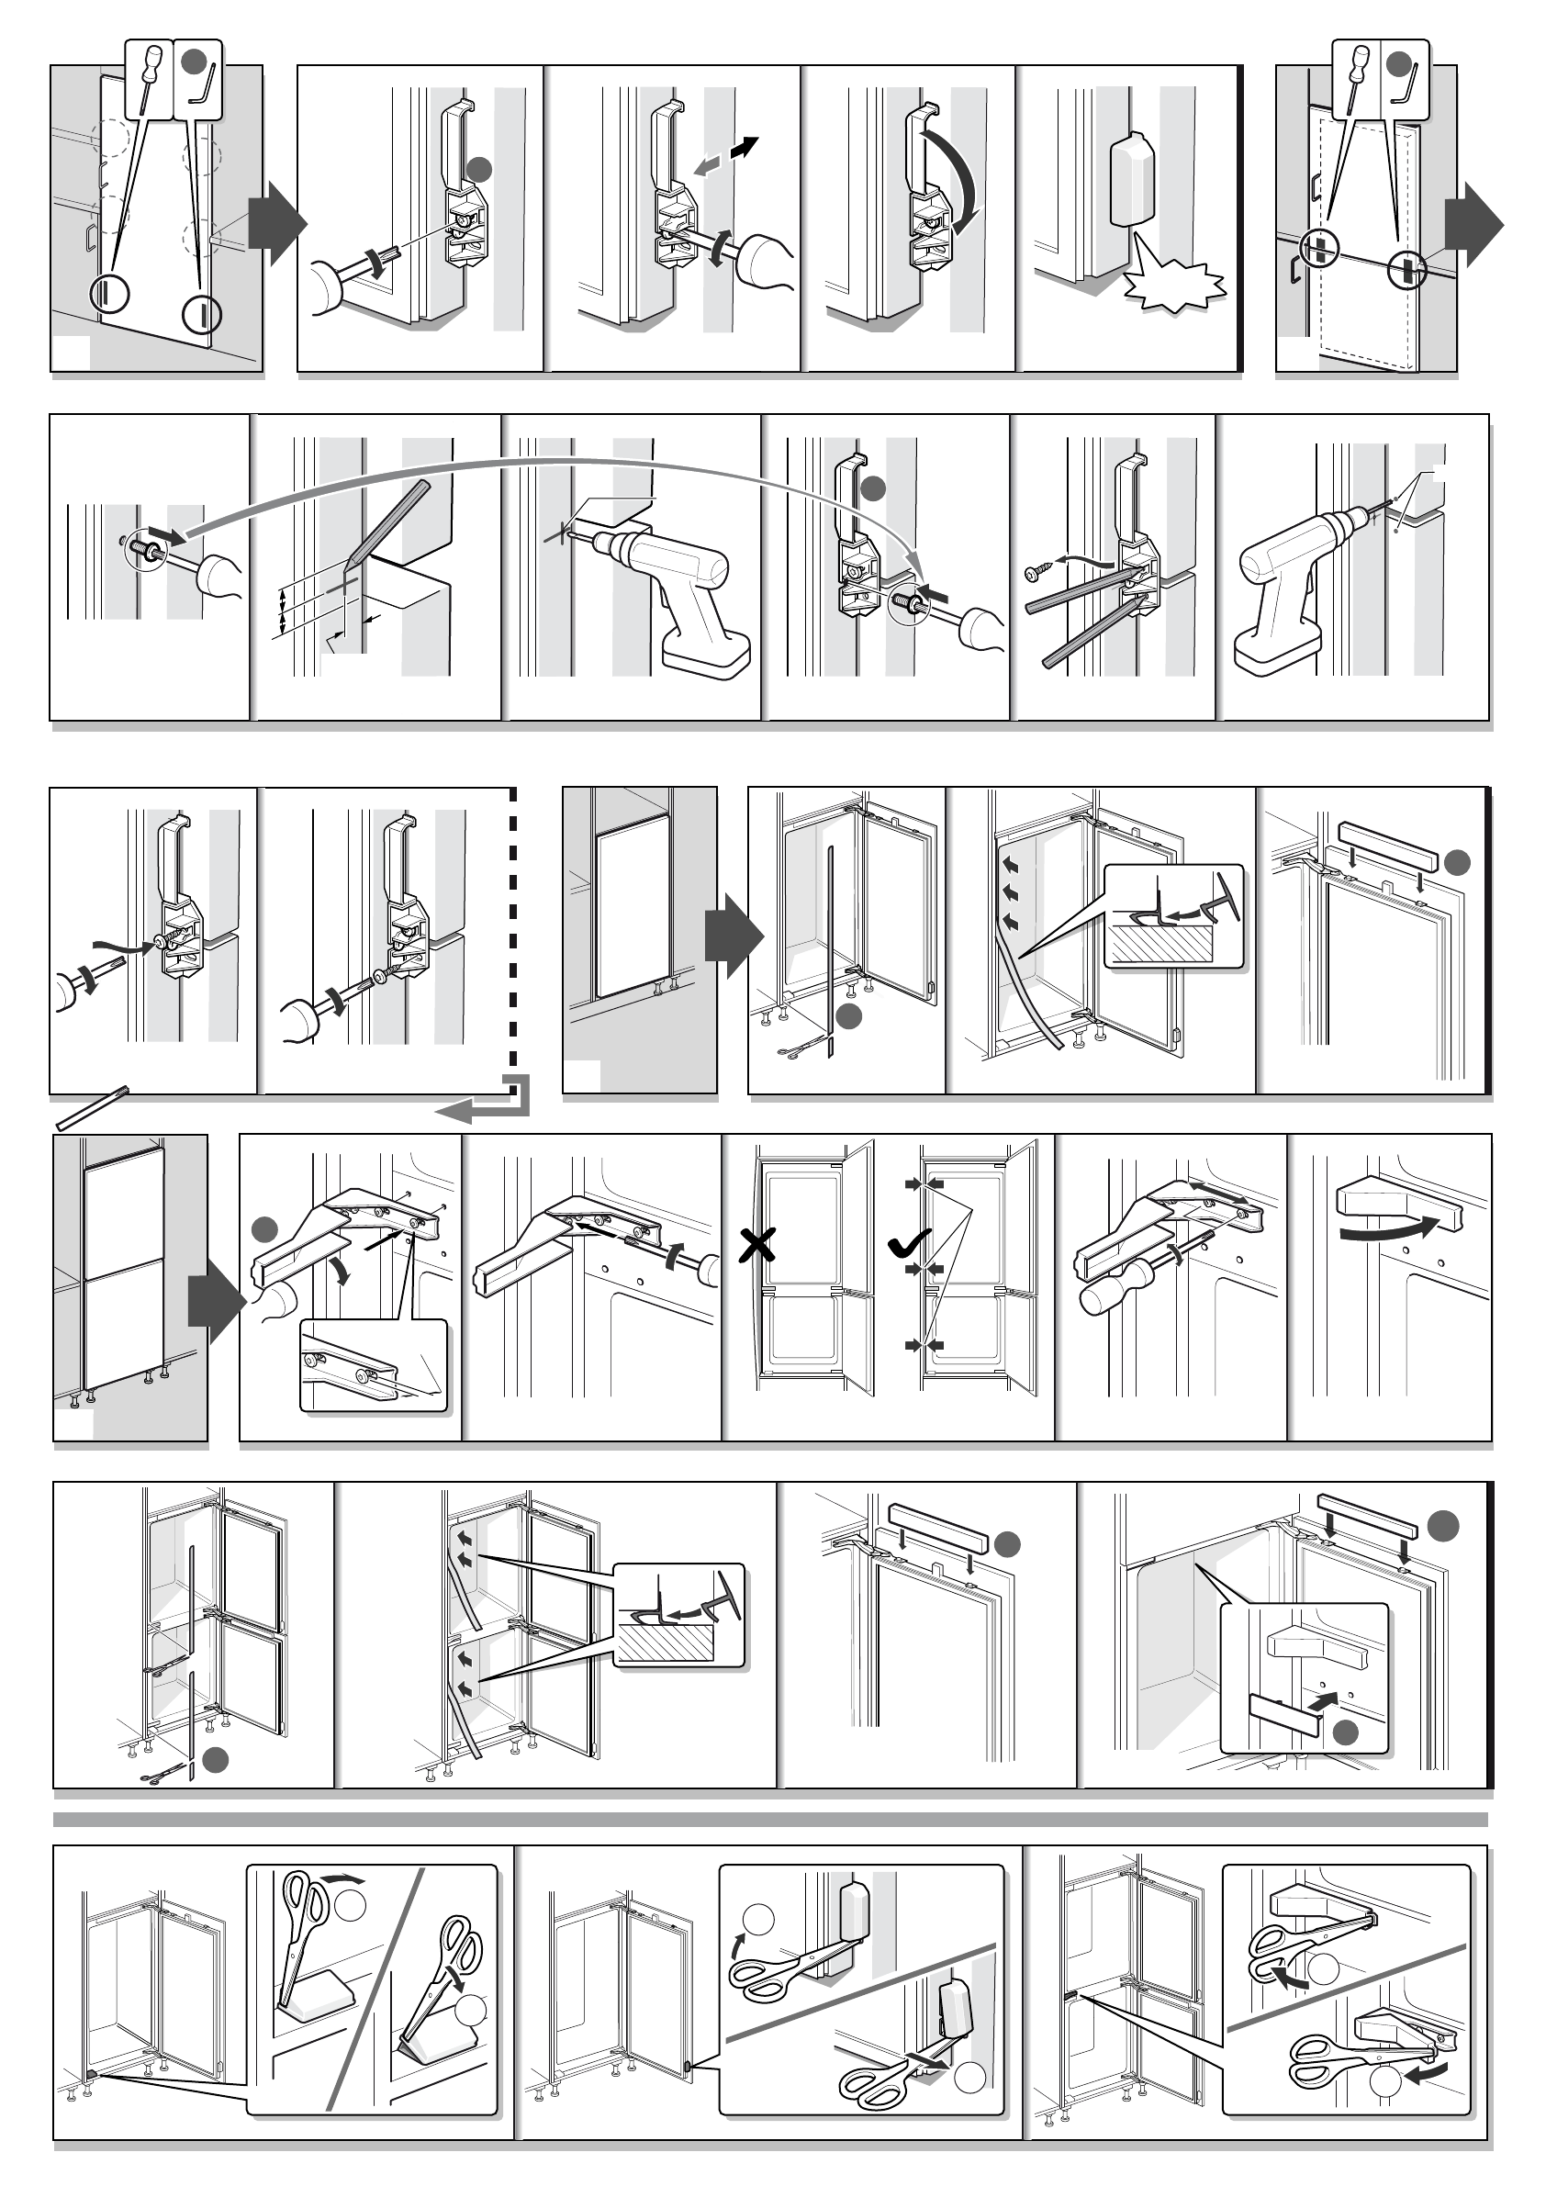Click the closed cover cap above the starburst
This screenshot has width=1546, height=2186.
click(1131, 178)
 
